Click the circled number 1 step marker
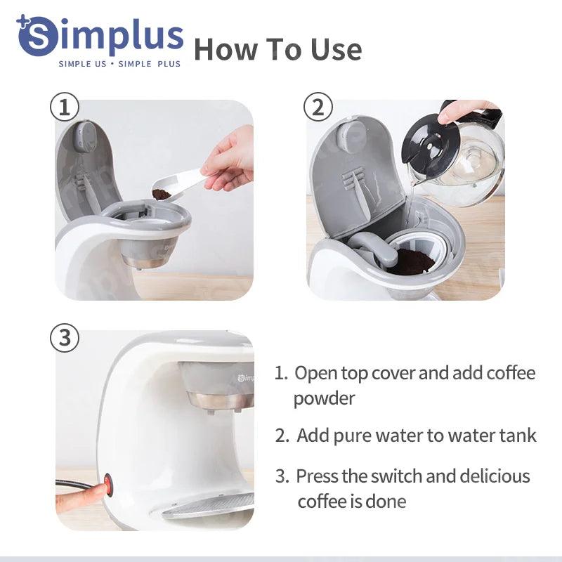click(x=65, y=107)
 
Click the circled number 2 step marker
click(x=318, y=107)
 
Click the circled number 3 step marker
click(x=65, y=338)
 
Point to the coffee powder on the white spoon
click(x=162, y=195)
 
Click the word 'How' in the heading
click(x=226, y=49)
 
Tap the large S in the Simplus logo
click(x=37, y=37)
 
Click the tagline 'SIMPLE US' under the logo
click(x=82, y=64)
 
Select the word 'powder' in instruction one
click(x=325, y=399)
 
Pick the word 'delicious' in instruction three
click(x=495, y=476)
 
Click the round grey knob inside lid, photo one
click(x=85, y=136)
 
